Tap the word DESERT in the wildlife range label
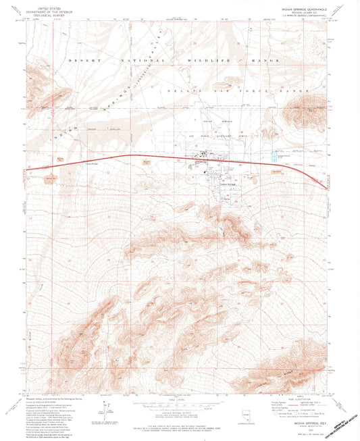[x=78, y=60]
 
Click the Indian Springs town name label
[x=228, y=184]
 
